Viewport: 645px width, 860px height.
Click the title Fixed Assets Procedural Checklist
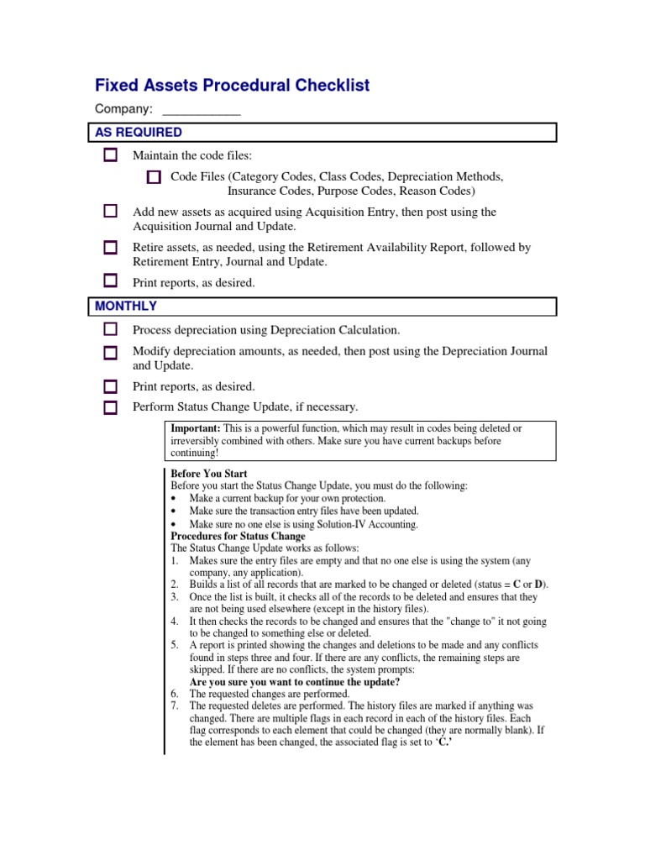[232, 86]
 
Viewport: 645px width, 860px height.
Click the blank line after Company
[201, 109]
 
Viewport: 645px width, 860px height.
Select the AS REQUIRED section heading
[139, 133]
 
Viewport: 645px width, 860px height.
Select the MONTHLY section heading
[126, 307]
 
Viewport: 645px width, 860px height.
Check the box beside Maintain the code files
[111, 155]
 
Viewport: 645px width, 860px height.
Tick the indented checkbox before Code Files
[153, 177]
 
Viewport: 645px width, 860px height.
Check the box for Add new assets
[111, 212]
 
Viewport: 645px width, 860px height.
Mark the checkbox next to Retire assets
[111, 248]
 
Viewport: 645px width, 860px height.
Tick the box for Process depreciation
[111, 331]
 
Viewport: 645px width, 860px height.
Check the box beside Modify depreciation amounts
[111, 353]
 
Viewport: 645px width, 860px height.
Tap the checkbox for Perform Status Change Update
[111, 408]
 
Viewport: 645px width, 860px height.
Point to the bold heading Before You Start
[209, 474]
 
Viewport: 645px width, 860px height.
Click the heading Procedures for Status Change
[238, 536]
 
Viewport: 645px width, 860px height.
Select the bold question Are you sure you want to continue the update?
[294, 682]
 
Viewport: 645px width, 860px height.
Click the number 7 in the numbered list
[175, 706]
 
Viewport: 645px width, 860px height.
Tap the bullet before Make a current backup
[174, 499]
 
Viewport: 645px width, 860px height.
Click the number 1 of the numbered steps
[175, 560]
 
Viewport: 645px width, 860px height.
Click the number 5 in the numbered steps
[175, 645]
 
